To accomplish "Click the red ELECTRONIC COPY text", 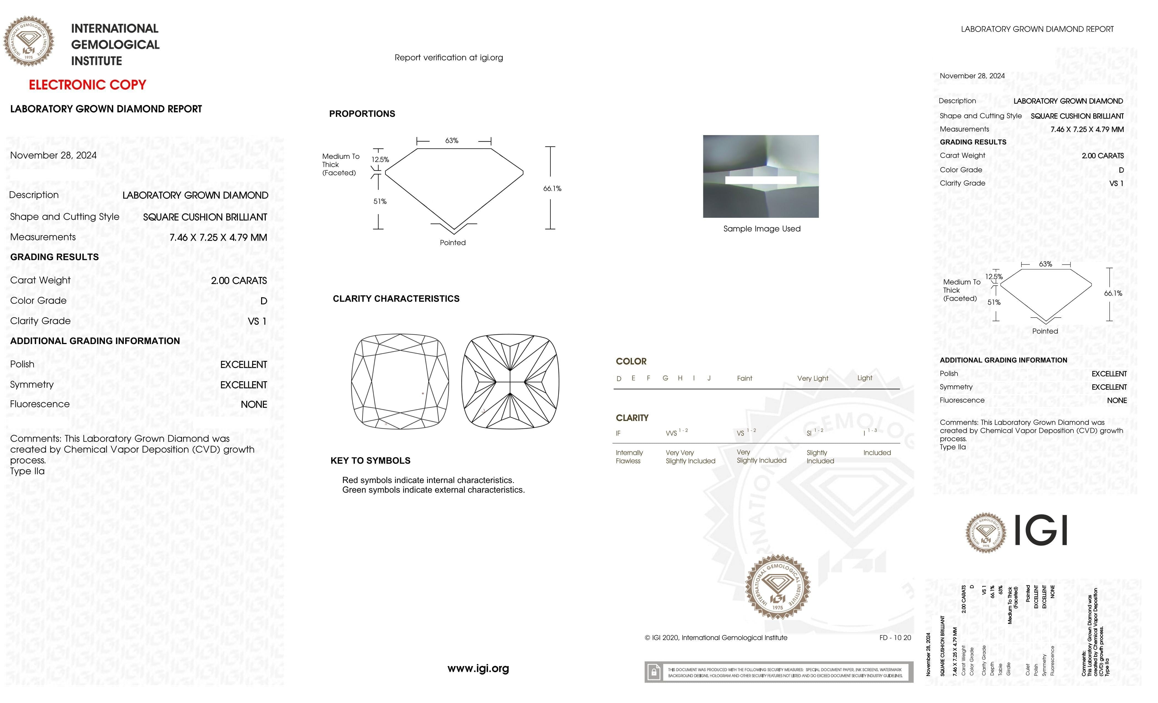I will [x=87, y=85].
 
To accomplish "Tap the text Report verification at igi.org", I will [x=448, y=58].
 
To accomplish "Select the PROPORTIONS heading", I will [x=362, y=114].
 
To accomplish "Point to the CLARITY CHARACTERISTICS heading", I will [x=396, y=299].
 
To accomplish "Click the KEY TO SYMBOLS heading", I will [x=370, y=461].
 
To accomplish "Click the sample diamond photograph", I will [x=760, y=176].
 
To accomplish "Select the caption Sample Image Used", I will [x=761, y=229].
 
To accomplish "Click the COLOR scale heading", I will [x=631, y=361].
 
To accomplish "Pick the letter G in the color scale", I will [x=665, y=378].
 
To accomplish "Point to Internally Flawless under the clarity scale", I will [x=629, y=457].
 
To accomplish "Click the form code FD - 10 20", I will [x=895, y=638].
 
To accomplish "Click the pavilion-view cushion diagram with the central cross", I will [x=510, y=382].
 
